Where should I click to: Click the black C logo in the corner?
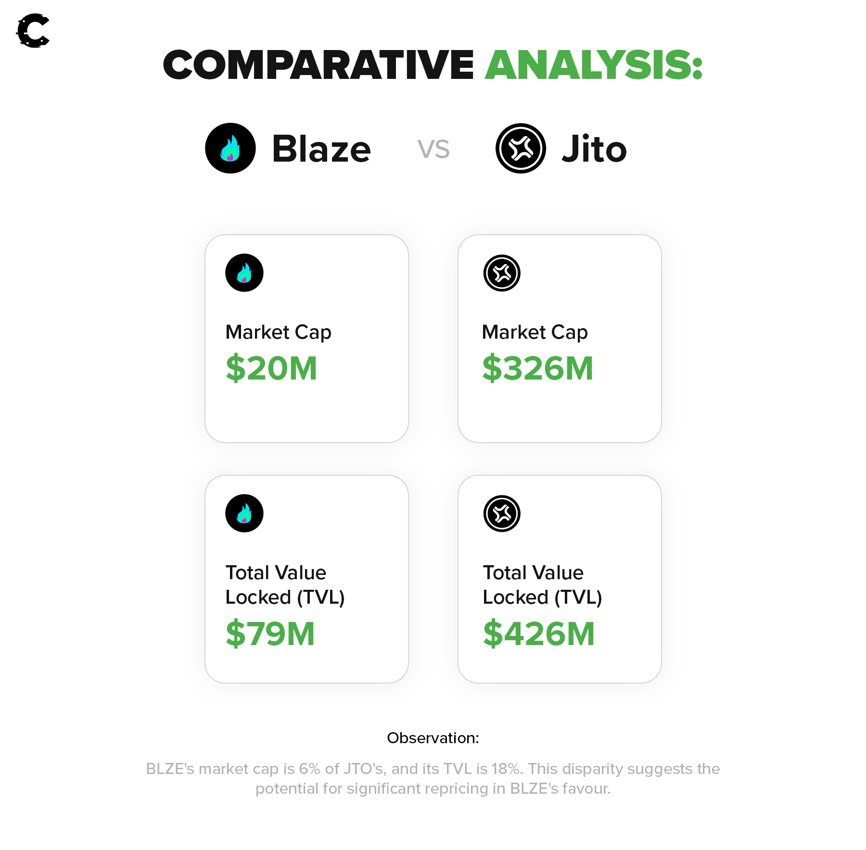point(33,31)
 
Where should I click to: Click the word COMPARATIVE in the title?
point(319,65)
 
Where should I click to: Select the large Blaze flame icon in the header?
point(230,148)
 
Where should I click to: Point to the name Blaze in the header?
point(321,149)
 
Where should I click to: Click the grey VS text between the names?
point(433,149)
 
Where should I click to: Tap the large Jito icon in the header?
point(521,148)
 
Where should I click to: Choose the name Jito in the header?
point(594,149)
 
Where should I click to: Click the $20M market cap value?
point(271,368)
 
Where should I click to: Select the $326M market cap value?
point(538,368)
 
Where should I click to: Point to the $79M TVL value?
point(270,634)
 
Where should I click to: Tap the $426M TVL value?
point(539,634)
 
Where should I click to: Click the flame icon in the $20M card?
point(244,273)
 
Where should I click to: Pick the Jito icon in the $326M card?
point(502,273)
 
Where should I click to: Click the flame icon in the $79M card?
point(244,513)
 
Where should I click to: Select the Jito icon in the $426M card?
point(502,513)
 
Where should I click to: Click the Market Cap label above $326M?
point(535,332)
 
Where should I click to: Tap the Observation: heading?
point(433,738)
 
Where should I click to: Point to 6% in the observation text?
point(309,769)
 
